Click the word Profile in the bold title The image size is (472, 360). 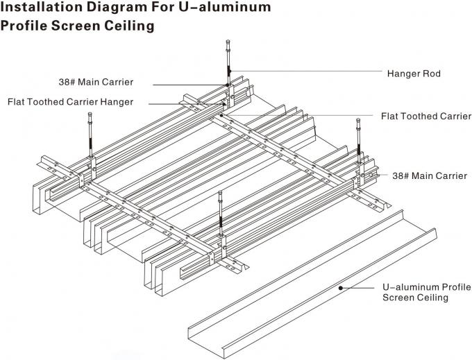click(26, 27)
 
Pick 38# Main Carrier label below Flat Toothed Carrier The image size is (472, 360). click(430, 176)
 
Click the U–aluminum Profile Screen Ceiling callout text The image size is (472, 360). click(417, 292)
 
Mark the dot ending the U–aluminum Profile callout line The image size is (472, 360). click(339, 285)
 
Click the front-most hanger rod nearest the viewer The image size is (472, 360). click(221, 215)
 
